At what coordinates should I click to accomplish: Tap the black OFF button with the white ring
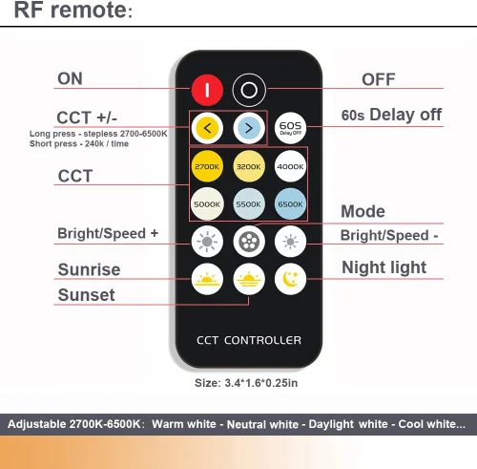pos(249,90)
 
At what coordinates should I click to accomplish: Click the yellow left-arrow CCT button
pos(207,128)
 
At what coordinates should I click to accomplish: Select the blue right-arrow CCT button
pos(249,128)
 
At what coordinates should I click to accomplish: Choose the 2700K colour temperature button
pos(207,166)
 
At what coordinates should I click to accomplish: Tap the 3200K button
pos(249,166)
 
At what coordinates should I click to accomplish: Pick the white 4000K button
pos(290,166)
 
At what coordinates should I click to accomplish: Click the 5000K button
pos(207,203)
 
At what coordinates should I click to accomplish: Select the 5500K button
pos(249,203)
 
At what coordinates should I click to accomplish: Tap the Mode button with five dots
pos(249,242)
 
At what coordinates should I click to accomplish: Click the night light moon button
pos(290,279)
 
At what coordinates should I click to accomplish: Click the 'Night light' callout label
pos(384,267)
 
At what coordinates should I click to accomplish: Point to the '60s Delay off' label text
pos(391,115)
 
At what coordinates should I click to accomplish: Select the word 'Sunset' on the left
pos(86,295)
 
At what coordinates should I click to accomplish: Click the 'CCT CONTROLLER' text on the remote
pos(249,340)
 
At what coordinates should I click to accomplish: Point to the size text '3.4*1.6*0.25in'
pos(261,383)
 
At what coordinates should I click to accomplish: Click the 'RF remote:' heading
pos(73,10)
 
